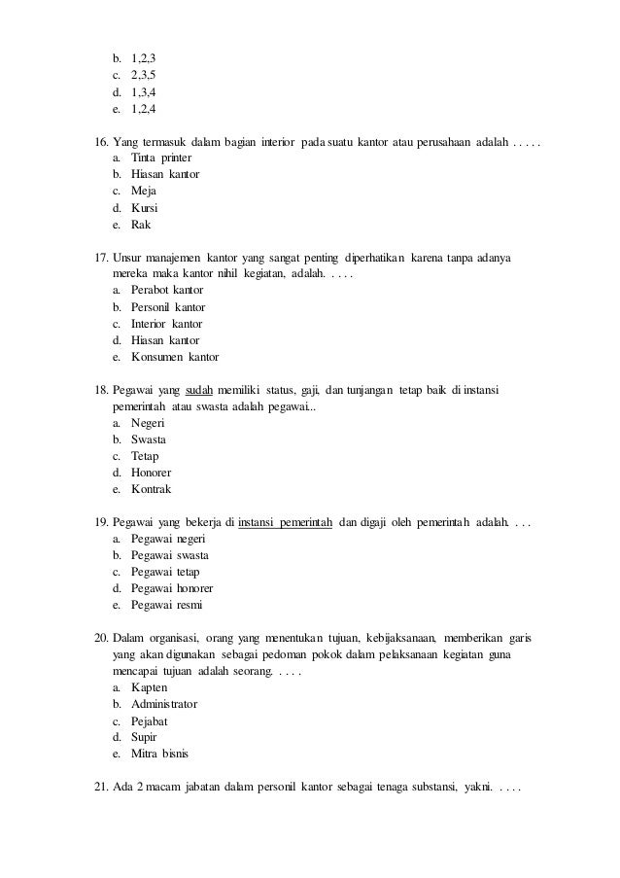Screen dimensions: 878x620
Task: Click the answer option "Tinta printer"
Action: (161, 158)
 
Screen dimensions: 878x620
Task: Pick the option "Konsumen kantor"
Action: (175, 357)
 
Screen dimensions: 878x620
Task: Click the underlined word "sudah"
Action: (199, 390)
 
